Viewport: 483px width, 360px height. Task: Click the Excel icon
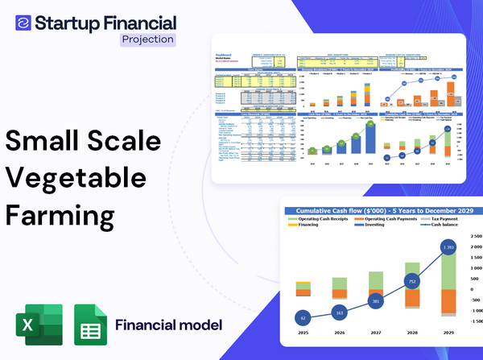pos(35,325)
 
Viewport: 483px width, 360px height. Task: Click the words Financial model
pos(168,325)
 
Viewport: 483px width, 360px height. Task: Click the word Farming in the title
pos(60,216)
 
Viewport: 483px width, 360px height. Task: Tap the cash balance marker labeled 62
pos(303,317)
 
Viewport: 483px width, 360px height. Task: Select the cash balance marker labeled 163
pos(338,312)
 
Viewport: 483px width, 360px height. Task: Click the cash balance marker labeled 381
pos(375,301)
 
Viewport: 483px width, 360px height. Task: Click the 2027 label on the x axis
pos(375,330)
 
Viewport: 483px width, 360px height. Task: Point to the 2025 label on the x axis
pos(303,330)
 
